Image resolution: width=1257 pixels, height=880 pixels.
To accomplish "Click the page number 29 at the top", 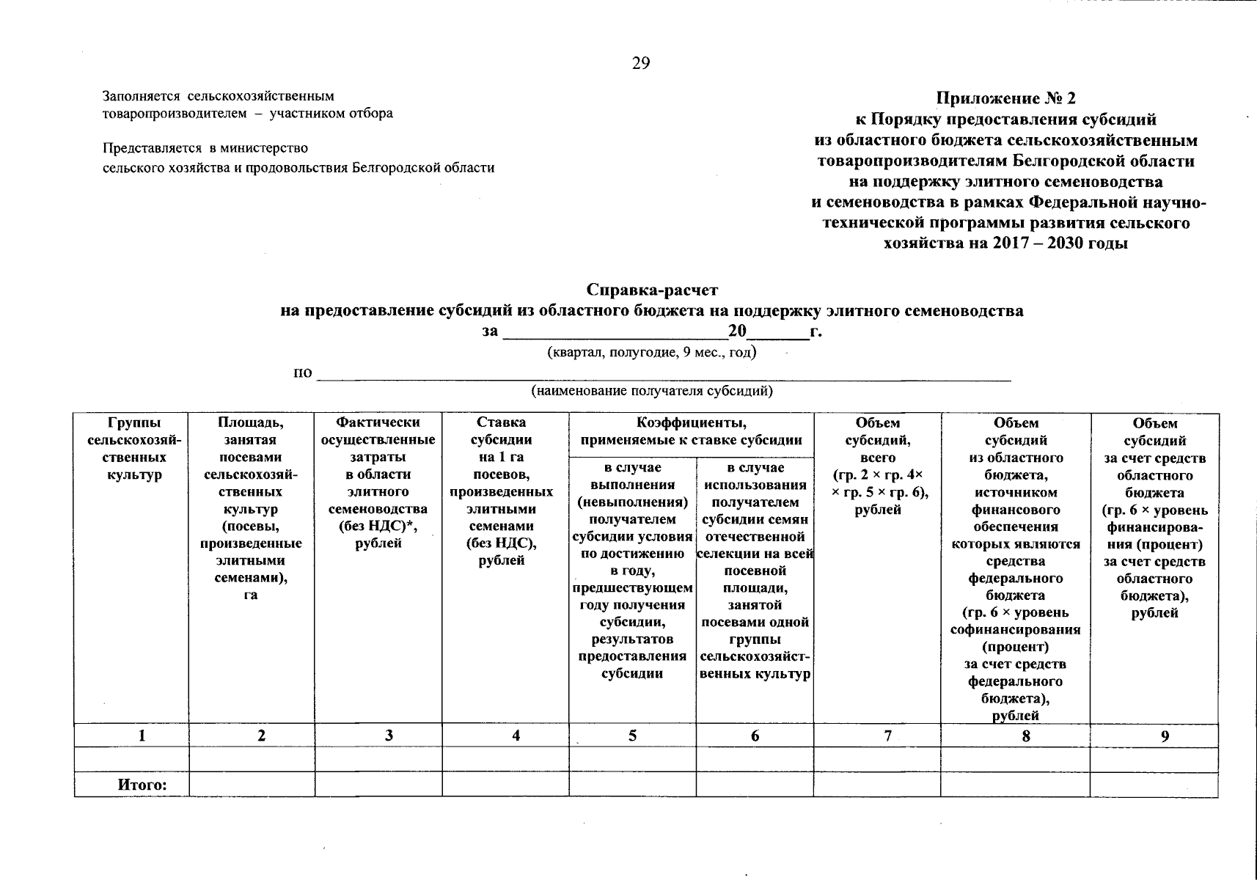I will (641, 64).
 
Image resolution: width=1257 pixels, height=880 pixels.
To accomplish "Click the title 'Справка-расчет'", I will (652, 290).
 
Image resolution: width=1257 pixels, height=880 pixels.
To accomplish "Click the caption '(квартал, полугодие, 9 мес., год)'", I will (652, 353).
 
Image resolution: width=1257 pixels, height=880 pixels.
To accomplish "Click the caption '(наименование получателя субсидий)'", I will (652, 391).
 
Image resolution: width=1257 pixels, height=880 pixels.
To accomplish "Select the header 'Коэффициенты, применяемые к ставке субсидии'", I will (691, 432).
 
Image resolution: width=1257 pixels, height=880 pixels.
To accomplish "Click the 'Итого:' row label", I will (143, 785).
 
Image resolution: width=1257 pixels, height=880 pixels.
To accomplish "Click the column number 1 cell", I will (143, 736).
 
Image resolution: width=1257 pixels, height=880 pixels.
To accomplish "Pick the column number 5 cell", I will (632, 736).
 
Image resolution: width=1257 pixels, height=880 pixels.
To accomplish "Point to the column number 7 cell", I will (888, 736).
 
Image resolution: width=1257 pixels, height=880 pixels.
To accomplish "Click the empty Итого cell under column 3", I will (378, 784).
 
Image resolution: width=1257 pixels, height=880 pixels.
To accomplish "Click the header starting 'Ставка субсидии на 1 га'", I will (502, 491).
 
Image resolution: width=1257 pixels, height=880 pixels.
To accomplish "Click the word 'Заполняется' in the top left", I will (142, 96).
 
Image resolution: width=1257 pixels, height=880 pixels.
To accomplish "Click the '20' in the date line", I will (736, 331).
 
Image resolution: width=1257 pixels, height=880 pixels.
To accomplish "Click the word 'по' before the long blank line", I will (302, 373).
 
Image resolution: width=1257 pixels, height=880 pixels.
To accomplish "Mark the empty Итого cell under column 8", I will (1015, 784).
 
